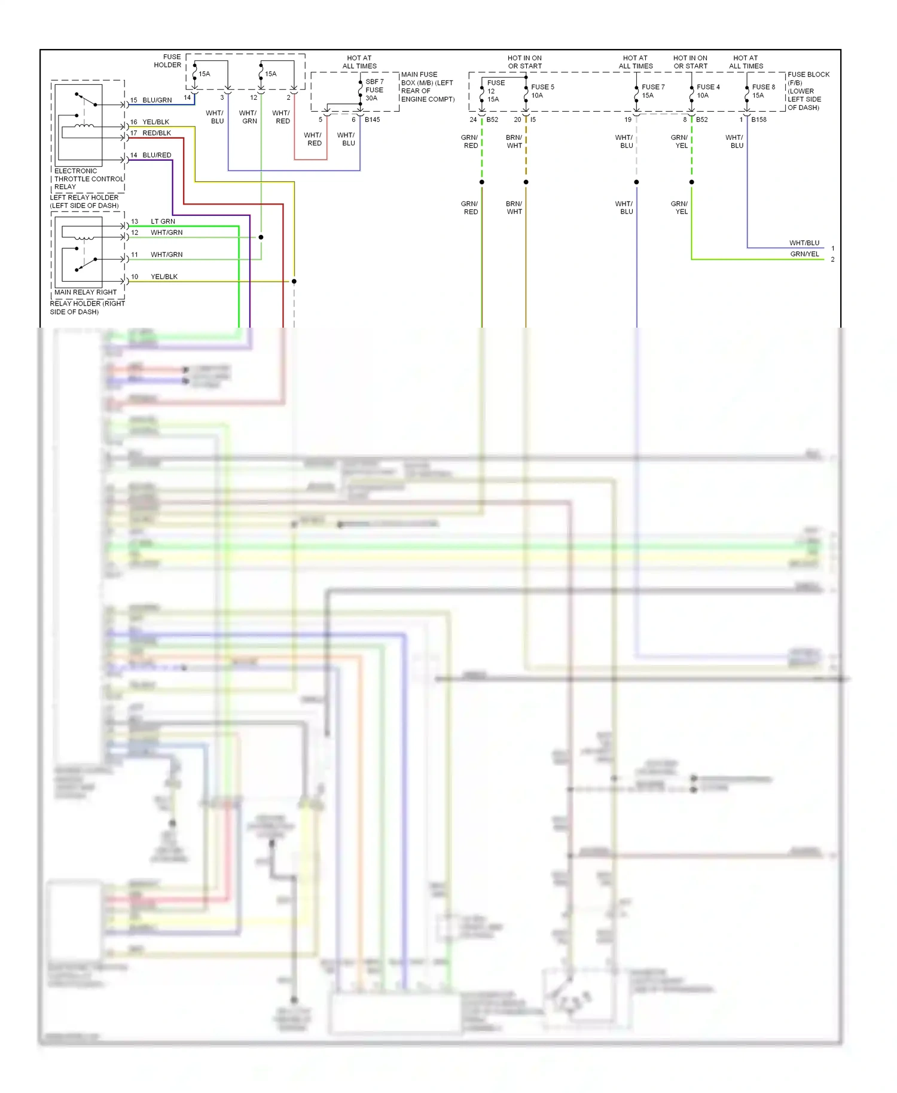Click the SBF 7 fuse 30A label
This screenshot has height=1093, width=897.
pyautogui.click(x=374, y=90)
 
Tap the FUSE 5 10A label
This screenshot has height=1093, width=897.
pyautogui.click(x=542, y=91)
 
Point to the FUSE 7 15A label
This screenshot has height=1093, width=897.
pyautogui.click(x=652, y=91)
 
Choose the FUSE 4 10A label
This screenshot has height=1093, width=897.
pyautogui.click(x=707, y=91)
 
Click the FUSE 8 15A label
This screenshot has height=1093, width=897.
pyautogui.click(x=762, y=91)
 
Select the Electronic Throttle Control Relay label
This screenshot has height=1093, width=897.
pyautogui.click(x=89, y=179)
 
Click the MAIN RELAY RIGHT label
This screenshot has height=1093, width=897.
pyautogui.click(x=86, y=292)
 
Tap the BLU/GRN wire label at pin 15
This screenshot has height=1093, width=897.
pyautogui.click(x=157, y=100)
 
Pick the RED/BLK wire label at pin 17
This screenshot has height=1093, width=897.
pyautogui.click(x=157, y=133)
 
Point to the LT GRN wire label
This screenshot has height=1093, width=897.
pyautogui.click(x=163, y=221)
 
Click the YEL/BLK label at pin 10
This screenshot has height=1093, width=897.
pyautogui.click(x=164, y=277)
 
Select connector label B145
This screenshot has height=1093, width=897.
pyautogui.click(x=372, y=120)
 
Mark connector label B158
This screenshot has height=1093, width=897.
pyautogui.click(x=758, y=120)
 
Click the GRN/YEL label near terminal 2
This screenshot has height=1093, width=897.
pyautogui.click(x=804, y=254)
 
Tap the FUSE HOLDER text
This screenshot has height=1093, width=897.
pyautogui.click(x=168, y=61)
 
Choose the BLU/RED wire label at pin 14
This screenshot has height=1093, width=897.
pyautogui.click(x=157, y=155)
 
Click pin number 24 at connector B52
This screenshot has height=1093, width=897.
pyautogui.click(x=473, y=120)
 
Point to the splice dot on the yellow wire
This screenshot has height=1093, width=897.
pyautogui.click(x=294, y=281)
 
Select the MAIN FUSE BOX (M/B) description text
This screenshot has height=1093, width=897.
pyautogui.click(x=427, y=87)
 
